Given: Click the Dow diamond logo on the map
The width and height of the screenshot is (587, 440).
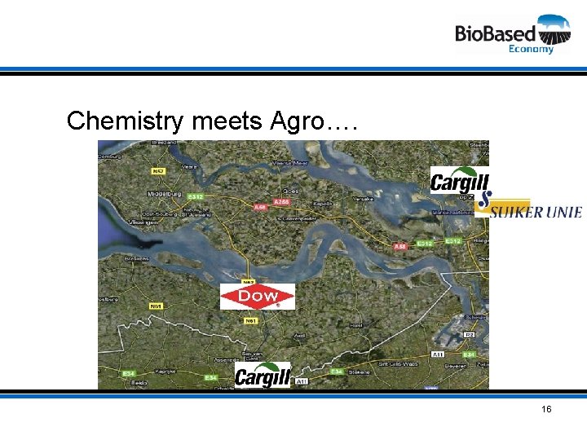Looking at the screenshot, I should (257, 297).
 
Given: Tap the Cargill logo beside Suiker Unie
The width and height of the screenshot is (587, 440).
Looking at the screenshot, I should (459, 180).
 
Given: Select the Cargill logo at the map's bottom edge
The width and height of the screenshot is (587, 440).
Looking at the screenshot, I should (262, 375).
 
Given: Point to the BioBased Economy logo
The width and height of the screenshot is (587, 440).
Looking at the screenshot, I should (513, 34).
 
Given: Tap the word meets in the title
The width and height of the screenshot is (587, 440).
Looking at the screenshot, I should (227, 121).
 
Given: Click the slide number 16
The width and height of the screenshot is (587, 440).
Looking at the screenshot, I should (545, 408).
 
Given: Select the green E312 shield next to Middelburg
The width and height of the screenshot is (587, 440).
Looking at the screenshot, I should (195, 196).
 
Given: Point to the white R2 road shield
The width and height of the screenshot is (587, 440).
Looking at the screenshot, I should (469, 335).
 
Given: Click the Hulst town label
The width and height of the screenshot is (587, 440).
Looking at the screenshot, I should (356, 324).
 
